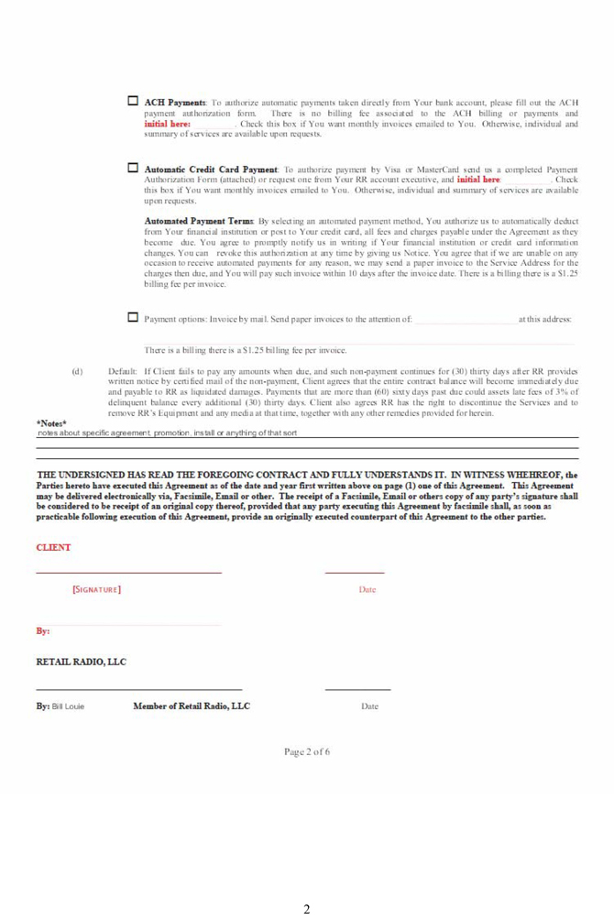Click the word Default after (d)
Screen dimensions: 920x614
[122, 371]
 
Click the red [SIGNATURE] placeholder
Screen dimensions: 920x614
[97, 589]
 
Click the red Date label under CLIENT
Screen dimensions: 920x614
[367, 589]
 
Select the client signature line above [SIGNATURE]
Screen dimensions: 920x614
[128, 573]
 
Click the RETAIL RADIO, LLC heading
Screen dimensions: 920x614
[81, 661]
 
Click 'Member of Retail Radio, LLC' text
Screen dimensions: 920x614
[192, 706]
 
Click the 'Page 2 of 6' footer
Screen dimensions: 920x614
[307, 752]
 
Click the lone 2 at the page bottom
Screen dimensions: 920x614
[307, 909]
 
